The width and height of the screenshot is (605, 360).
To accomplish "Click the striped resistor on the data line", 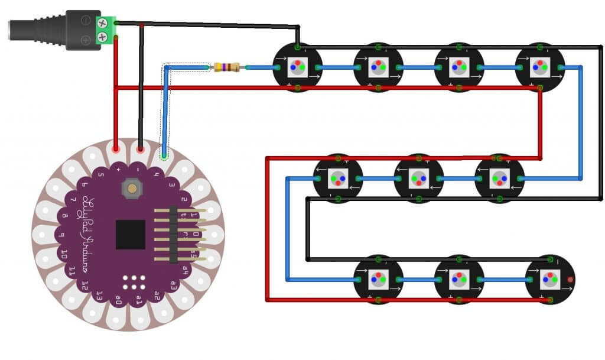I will click(x=227, y=67).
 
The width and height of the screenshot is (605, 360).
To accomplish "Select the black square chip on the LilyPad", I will click(x=131, y=234).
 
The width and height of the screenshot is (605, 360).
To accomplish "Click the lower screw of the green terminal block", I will click(x=104, y=38).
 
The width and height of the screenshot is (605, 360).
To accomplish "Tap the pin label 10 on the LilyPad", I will click(x=64, y=256).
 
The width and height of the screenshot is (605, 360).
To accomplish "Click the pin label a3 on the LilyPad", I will click(x=174, y=284).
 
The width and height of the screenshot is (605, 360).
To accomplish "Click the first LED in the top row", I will click(x=297, y=67).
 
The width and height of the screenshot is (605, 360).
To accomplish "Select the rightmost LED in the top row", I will click(x=539, y=67).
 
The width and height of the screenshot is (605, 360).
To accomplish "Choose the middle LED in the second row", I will click(x=418, y=178).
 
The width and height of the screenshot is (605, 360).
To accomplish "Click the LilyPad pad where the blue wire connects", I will click(x=164, y=155).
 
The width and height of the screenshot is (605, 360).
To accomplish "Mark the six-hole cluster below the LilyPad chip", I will click(x=135, y=280).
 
